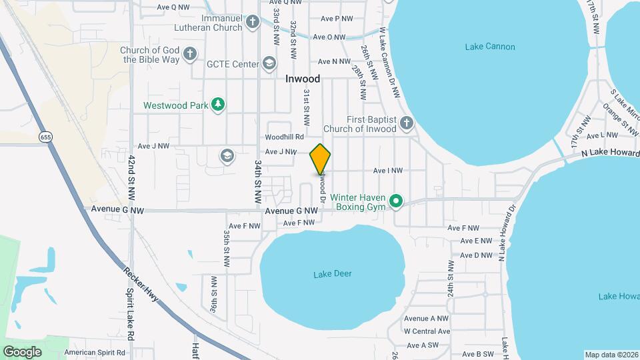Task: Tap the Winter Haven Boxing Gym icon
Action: (x=396, y=201)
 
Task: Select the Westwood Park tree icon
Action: (x=217, y=105)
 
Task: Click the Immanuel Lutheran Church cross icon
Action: (x=252, y=23)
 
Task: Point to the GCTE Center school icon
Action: (x=269, y=64)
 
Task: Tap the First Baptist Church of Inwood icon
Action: (x=407, y=123)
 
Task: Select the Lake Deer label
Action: (x=332, y=274)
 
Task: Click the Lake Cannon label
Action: (x=489, y=47)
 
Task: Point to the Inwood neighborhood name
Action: (x=303, y=79)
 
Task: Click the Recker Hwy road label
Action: (x=141, y=284)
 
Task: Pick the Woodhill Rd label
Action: (x=287, y=137)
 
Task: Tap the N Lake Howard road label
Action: (x=609, y=153)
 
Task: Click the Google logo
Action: (x=22, y=351)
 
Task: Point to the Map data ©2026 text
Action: (x=611, y=355)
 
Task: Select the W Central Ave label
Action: (x=427, y=331)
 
